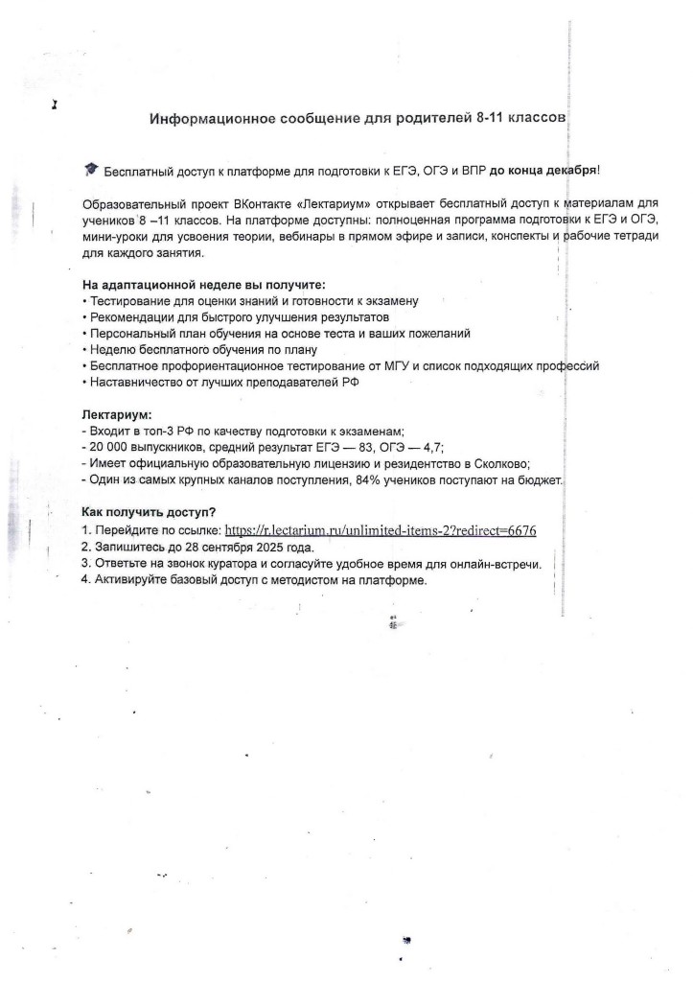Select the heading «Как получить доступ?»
tap(149, 512)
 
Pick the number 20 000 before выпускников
tap(111, 448)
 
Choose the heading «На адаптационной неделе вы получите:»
tap(203, 285)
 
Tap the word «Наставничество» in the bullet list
tap(134, 383)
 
